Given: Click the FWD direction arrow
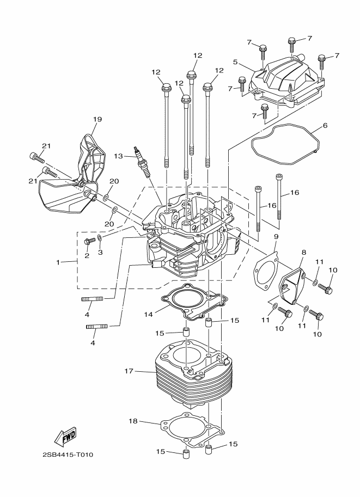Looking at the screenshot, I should click(x=65, y=436).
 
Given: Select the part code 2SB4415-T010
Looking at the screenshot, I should click(x=67, y=455).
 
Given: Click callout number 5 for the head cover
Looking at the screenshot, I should click(x=235, y=62).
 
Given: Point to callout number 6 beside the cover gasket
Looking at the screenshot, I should click(x=325, y=126).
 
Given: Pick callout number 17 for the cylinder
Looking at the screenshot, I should click(x=129, y=372).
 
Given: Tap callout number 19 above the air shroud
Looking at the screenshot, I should click(x=97, y=119).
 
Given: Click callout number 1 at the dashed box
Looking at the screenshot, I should click(x=58, y=262).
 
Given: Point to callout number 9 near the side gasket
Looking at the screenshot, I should click(x=276, y=237).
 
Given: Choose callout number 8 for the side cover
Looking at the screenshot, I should click(x=303, y=253).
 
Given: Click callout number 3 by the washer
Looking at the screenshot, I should click(x=100, y=252).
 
